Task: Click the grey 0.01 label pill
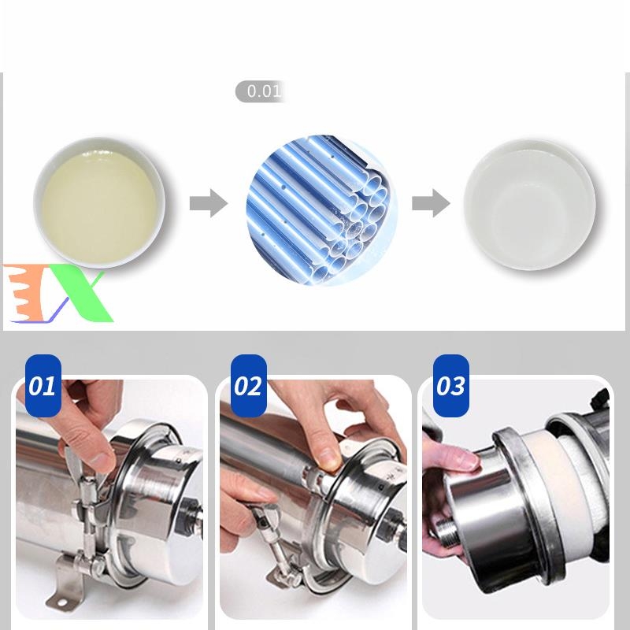(x=261, y=91)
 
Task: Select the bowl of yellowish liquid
(x=99, y=202)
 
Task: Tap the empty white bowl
(x=529, y=205)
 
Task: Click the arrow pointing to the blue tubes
(x=209, y=203)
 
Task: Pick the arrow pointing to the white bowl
(x=431, y=203)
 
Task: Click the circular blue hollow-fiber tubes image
(x=322, y=210)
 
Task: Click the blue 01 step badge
(x=43, y=386)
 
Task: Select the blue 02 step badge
(x=248, y=386)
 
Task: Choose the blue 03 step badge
(x=450, y=386)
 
